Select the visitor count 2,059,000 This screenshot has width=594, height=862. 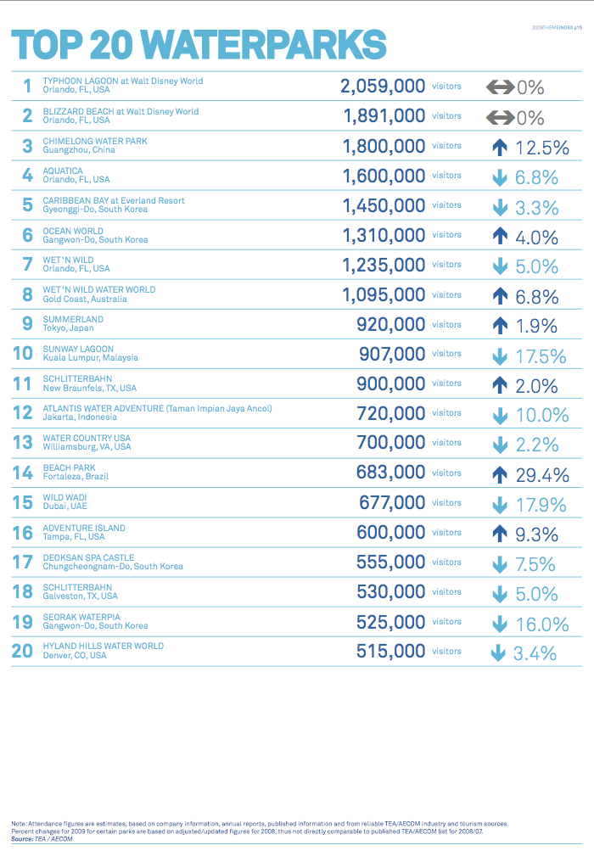pyautogui.click(x=382, y=87)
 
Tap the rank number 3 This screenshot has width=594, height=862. pyautogui.click(x=27, y=146)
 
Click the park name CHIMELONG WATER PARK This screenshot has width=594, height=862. pyautogui.click(x=95, y=142)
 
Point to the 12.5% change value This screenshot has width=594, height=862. pyautogui.click(x=541, y=148)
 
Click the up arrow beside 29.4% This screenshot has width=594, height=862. pyautogui.click(x=500, y=474)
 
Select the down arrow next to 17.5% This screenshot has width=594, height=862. pyautogui.click(x=500, y=356)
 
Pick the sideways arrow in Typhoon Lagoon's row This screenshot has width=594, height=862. pyautogui.click(x=500, y=87)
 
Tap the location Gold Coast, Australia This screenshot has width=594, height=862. pyautogui.click(x=85, y=299)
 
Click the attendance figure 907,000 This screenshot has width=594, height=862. pyautogui.click(x=391, y=354)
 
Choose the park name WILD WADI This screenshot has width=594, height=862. pyautogui.click(x=64, y=497)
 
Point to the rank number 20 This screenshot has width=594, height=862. pyautogui.click(x=23, y=651)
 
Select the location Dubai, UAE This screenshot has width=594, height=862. pyautogui.click(x=64, y=507)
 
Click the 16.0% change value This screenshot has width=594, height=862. pyautogui.click(x=541, y=624)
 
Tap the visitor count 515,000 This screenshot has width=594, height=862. pyautogui.click(x=390, y=651)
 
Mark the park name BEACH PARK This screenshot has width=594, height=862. pyautogui.click(x=70, y=467)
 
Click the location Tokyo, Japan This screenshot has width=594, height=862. pyautogui.click(x=68, y=328)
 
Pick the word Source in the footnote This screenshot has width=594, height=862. pyautogui.click(x=22, y=839)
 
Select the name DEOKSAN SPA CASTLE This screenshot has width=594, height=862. pyautogui.click(x=88, y=557)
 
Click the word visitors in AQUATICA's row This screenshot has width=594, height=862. pyautogui.click(x=446, y=176)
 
